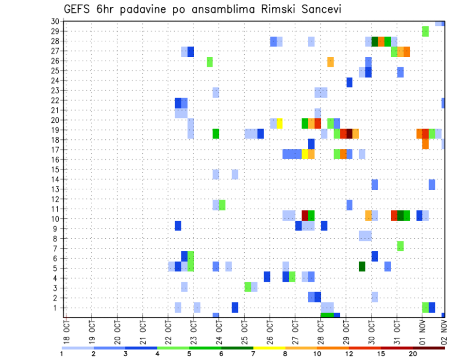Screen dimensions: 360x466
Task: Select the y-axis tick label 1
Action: [57, 308]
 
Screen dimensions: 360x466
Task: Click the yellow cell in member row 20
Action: [280, 123]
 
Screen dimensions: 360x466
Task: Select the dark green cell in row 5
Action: [362, 266]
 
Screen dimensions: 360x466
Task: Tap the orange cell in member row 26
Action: [331, 62]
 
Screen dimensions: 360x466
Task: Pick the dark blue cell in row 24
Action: [349, 82]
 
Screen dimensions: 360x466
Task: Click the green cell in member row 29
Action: [425, 31]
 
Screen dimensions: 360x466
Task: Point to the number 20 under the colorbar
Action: [413, 354]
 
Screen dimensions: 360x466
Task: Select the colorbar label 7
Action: [253, 354]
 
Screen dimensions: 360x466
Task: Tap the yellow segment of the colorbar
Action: [269, 347]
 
